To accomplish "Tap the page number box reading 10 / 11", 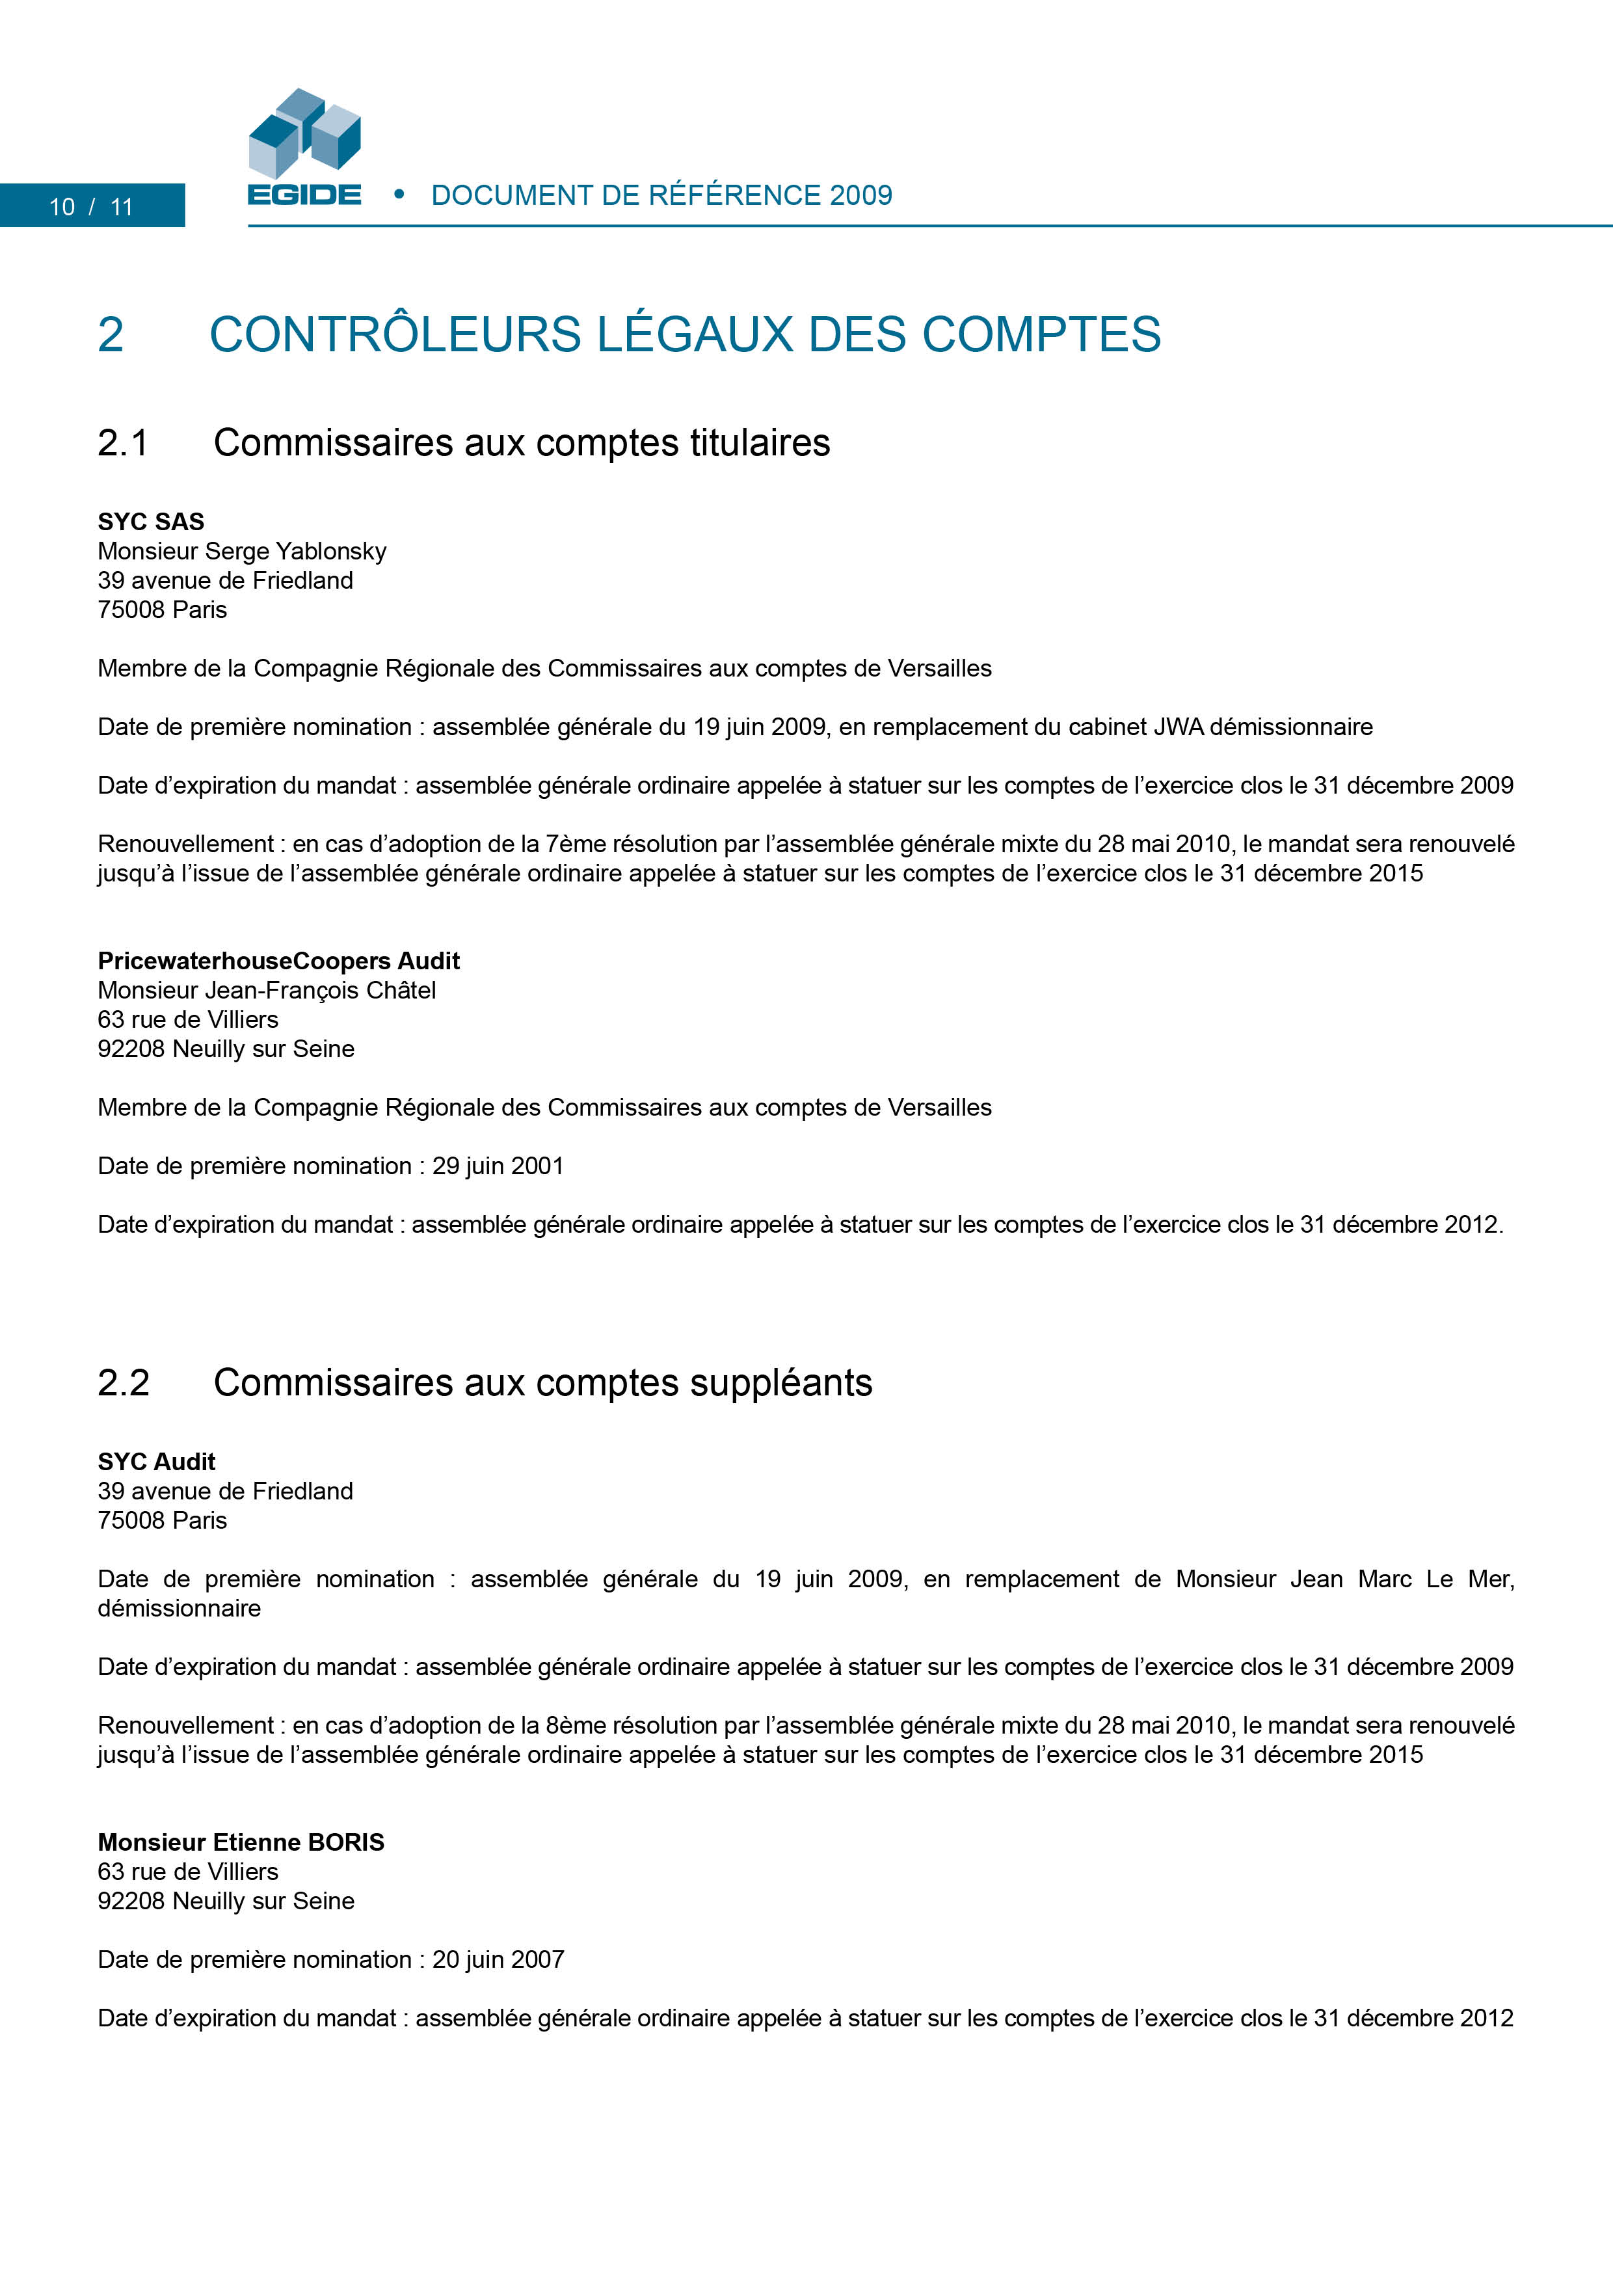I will click(x=92, y=206).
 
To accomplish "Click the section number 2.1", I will click(x=123, y=443).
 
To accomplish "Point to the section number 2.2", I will click(x=123, y=1382).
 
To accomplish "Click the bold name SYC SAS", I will click(x=151, y=522).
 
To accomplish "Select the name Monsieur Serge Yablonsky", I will click(x=241, y=552).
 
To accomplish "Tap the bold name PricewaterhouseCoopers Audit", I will click(x=278, y=961).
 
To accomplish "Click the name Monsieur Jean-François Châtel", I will click(x=267, y=990).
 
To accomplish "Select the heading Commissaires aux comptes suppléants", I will click(x=542, y=1382).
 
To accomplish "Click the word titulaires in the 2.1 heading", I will click(x=760, y=443).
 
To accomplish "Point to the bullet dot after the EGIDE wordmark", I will click(x=399, y=194).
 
